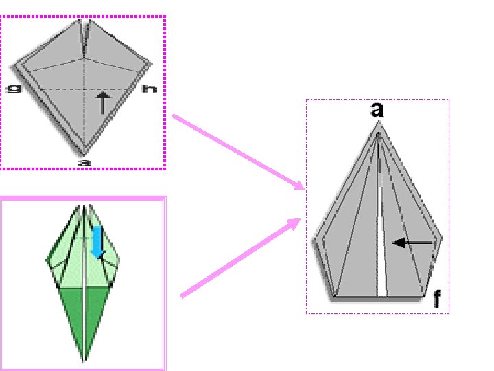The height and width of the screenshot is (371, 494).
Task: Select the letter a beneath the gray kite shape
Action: tap(84, 163)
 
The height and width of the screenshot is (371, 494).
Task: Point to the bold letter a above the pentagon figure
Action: tap(377, 110)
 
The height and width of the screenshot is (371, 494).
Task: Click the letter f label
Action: tap(436, 299)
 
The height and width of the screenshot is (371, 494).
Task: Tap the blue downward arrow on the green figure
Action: tap(97, 241)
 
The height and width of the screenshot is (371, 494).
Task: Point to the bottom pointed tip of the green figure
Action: tap(84, 360)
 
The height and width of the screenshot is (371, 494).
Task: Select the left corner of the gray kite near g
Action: tap(13, 67)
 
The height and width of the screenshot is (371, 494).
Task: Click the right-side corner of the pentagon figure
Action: tap(441, 238)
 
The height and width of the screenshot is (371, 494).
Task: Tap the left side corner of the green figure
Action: tap(47, 262)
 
